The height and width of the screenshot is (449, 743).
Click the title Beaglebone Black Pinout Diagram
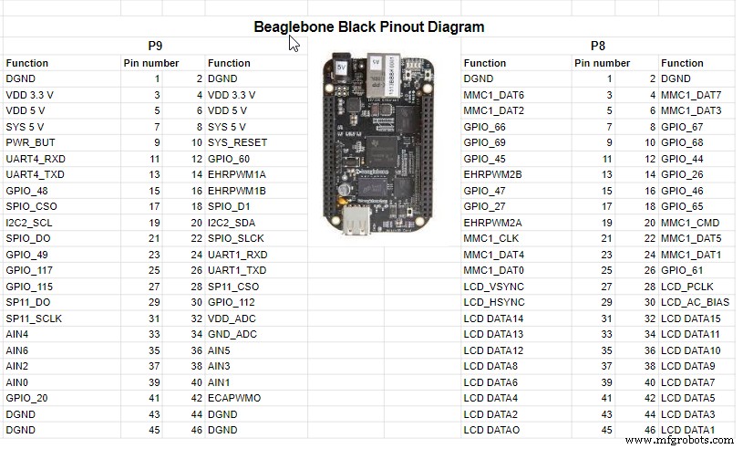point(368,26)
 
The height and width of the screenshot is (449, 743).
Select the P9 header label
point(156,46)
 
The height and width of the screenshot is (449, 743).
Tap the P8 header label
point(597,46)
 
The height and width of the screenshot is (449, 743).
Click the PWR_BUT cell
point(30,143)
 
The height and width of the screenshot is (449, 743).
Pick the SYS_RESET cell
point(237,143)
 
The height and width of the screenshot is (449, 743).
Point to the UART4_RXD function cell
point(35,159)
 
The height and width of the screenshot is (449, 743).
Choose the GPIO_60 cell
point(229,159)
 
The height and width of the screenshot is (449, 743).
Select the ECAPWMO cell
point(234,398)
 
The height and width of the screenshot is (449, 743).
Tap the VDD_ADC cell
point(232,318)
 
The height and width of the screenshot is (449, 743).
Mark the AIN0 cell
point(18,382)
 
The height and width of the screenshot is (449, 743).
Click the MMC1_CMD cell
point(691,223)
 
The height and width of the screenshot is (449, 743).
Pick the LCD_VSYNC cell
point(496,287)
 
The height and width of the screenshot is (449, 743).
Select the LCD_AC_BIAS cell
point(695,303)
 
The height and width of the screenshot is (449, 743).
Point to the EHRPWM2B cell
point(493,175)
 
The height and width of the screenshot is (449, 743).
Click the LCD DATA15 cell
point(691,318)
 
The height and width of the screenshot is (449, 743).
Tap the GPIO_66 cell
point(484,127)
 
